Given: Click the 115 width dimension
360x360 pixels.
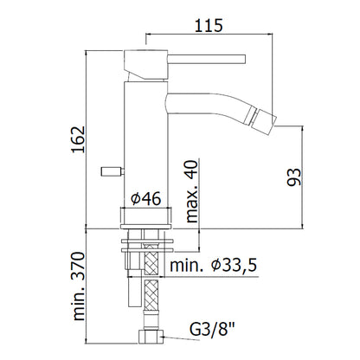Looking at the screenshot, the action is tap(209, 25).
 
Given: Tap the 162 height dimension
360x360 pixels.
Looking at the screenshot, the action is tap(79, 139).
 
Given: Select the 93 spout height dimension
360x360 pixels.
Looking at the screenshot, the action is tap(294, 177).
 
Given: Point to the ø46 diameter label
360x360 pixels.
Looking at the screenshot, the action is tap(145, 198).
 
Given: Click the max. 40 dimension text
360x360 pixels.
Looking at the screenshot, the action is tap(192, 191).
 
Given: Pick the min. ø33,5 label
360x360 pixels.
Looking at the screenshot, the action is tap(213, 265).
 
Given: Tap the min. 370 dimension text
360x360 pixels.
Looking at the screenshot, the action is tap(79, 286).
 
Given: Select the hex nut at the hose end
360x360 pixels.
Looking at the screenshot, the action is tap(151, 337).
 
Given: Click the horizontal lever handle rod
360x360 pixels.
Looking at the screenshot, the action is tap(207, 59).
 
